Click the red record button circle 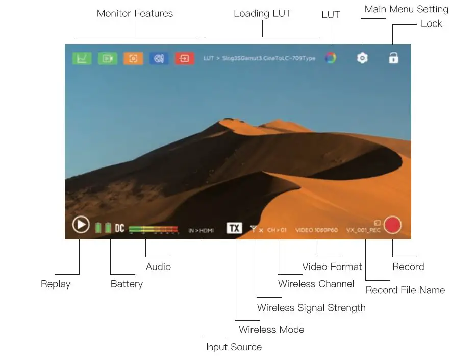392,225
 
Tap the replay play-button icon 81,225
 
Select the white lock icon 393,58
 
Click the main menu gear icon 362,58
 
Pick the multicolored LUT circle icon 331,58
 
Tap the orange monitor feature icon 133,58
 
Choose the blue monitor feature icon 159,58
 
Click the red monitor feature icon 184,58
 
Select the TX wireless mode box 234,228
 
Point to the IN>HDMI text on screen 201,230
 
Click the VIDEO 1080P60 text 316,230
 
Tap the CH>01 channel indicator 277,230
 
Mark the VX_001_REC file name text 363,230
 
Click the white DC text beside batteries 119,228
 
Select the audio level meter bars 153,229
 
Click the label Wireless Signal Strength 311,307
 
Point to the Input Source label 234,347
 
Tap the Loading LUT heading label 262,13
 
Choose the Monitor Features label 135,13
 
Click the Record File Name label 405,290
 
